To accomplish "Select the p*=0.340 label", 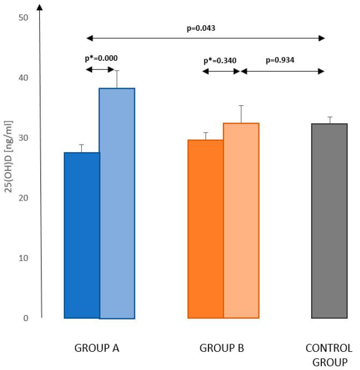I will (x=220, y=60).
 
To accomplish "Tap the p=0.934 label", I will (x=280, y=60).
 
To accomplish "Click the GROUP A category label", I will (x=97, y=348).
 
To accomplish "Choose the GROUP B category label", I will (x=222, y=348).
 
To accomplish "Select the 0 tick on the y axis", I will (x=25, y=318).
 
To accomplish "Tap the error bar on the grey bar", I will (x=329, y=120).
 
